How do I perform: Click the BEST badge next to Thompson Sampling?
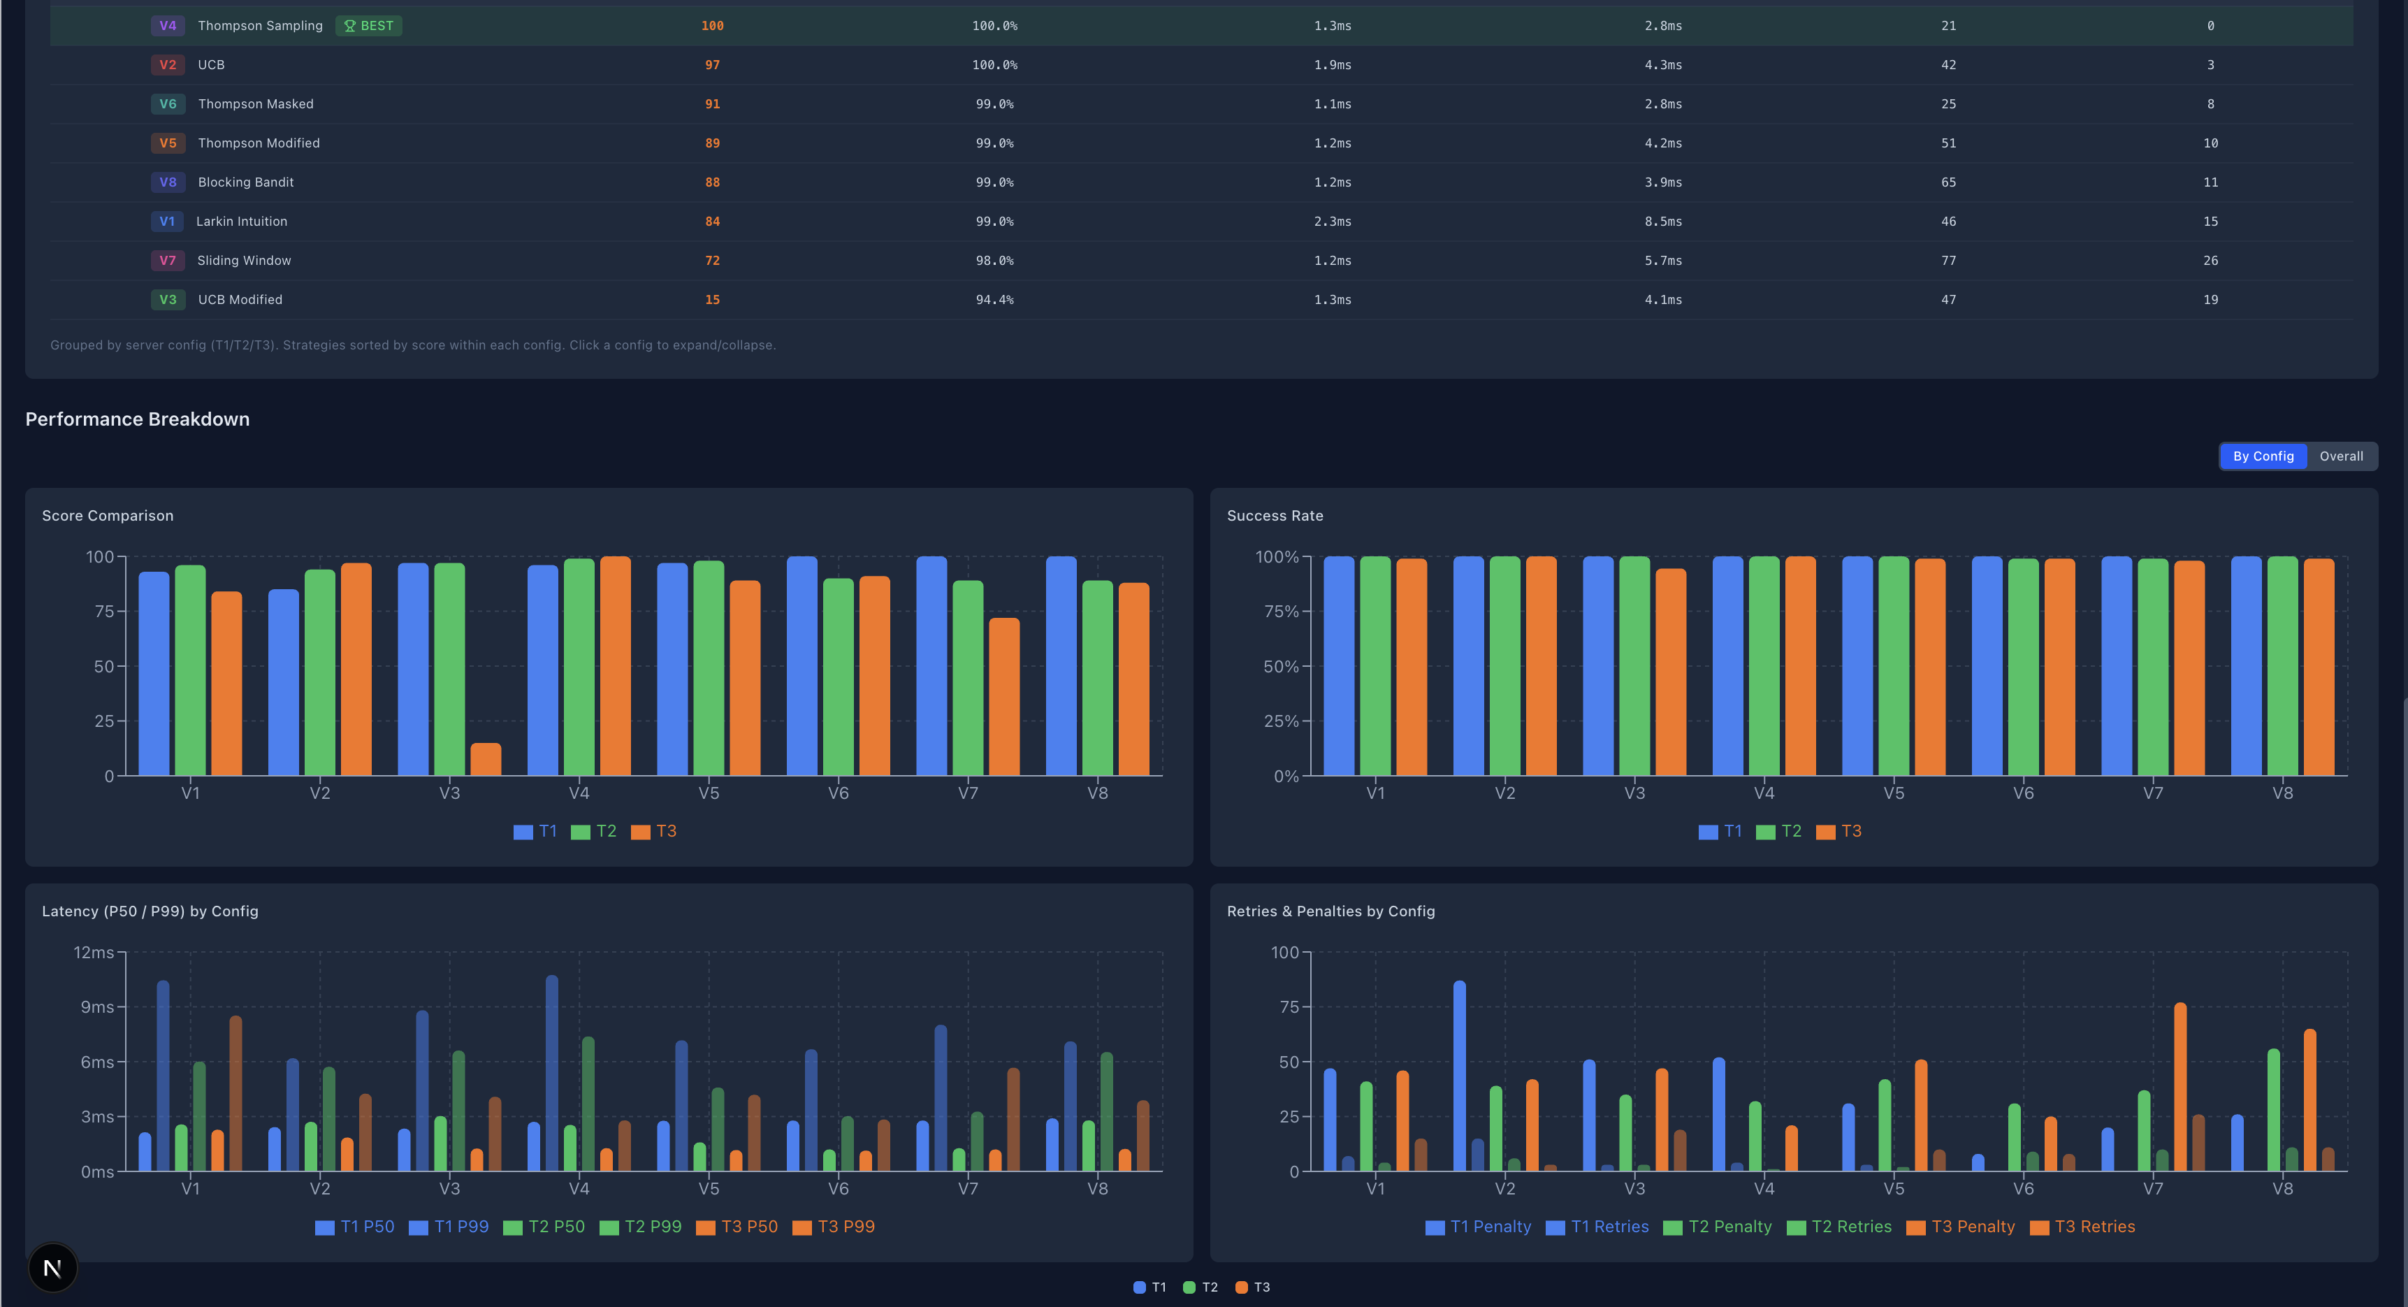click(x=368, y=26)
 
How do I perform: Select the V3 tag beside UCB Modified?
click(x=167, y=300)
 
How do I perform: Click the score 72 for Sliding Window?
click(x=712, y=261)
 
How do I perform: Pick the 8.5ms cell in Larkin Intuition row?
click(x=1663, y=222)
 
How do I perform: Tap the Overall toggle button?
click(x=2341, y=456)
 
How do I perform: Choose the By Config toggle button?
click(x=2263, y=456)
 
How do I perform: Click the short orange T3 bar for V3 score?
click(x=485, y=759)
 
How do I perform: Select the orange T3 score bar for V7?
click(x=1004, y=697)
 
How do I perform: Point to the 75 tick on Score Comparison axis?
click(x=103, y=612)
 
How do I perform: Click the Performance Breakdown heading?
click(x=138, y=419)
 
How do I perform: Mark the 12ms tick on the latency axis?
click(x=94, y=953)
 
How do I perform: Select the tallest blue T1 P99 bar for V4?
click(x=551, y=1072)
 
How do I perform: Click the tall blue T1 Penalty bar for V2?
click(x=1459, y=1075)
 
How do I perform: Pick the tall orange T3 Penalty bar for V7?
click(x=2180, y=1086)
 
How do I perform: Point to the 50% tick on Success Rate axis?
click(x=1281, y=667)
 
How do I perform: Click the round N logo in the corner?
click(x=52, y=1268)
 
